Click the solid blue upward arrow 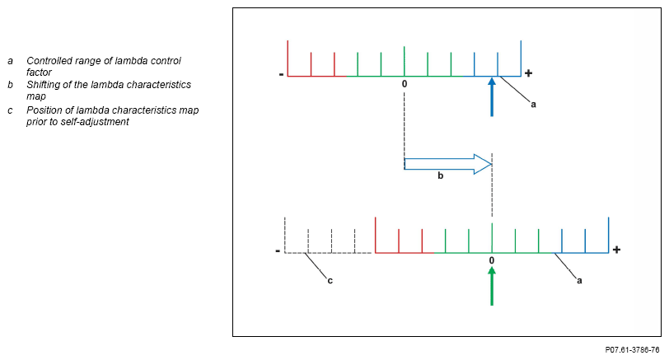coord(492,97)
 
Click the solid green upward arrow coord(492,286)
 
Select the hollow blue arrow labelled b coord(448,164)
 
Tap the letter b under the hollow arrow coord(440,175)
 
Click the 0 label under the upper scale coord(405,84)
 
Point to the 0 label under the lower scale coord(492,260)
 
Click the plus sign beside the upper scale coord(528,73)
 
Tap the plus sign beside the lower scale coord(616,250)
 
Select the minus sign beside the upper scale coord(281,75)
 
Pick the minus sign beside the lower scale coord(278,250)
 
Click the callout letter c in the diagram coord(330,281)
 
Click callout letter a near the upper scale coord(533,104)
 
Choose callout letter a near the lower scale coord(579,281)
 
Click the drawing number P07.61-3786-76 coord(632,350)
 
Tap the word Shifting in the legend coord(42,85)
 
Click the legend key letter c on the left coord(10,110)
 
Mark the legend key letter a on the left coord(10,61)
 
